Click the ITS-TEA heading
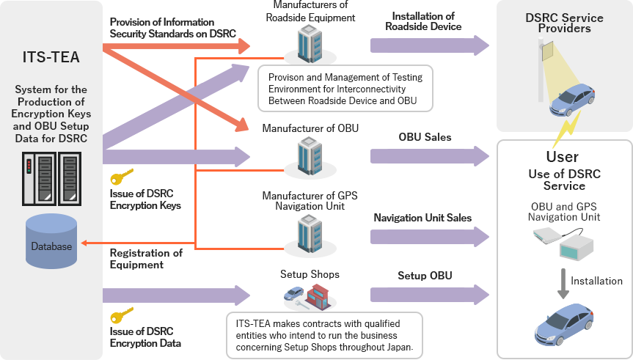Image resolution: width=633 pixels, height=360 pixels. [51, 57]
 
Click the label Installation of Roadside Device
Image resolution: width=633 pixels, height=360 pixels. [423, 21]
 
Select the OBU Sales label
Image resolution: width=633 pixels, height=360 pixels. [425, 137]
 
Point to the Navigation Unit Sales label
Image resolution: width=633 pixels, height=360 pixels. [422, 218]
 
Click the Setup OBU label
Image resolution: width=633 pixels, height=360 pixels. [425, 276]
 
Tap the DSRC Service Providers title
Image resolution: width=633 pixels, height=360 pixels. [564, 23]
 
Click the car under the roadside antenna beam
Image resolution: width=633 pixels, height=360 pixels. [571, 100]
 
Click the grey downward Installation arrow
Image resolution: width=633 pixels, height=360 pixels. [563, 282]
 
